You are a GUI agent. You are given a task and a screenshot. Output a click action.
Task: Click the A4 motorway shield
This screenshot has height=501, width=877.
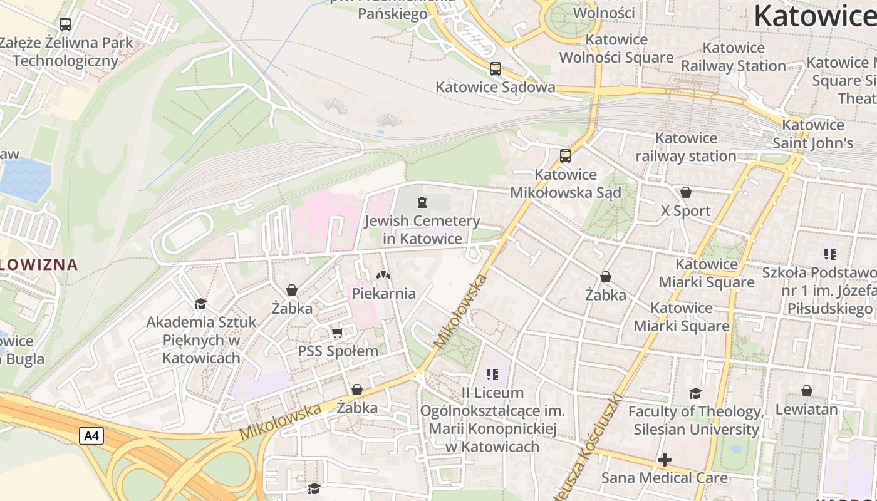click(x=91, y=436)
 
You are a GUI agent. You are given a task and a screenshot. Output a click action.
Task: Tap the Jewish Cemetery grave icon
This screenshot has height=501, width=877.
click(x=422, y=202)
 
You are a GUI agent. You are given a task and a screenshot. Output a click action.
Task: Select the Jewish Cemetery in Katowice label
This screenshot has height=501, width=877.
click(x=422, y=230)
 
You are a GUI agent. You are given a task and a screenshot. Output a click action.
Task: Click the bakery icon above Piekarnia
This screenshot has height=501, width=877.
click(x=383, y=275)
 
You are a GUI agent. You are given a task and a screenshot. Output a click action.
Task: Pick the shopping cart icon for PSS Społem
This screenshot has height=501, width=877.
click(x=338, y=333)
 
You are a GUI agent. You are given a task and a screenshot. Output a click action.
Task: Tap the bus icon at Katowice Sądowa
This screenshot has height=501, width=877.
click(x=496, y=69)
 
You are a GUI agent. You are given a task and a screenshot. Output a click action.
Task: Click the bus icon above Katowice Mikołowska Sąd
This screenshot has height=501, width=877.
click(x=566, y=156)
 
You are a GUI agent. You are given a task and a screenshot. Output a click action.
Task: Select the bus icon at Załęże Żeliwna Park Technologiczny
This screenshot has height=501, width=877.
click(x=65, y=24)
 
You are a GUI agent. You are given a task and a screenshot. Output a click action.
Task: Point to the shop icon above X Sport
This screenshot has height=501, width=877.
click(x=686, y=192)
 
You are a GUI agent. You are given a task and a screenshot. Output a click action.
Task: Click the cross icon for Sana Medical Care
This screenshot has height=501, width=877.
click(x=665, y=460)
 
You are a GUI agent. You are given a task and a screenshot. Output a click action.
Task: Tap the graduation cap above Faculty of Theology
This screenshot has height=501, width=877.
click(x=695, y=393)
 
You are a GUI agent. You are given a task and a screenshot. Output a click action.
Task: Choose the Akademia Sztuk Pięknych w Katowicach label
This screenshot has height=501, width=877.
click(x=201, y=340)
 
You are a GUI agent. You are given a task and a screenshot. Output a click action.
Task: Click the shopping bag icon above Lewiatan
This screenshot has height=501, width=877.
click(x=807, y=391)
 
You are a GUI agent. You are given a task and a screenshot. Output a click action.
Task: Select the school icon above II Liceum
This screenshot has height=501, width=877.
click(x=492, y=374)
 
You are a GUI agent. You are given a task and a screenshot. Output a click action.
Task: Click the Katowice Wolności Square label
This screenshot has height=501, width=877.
click(x=616, y=49)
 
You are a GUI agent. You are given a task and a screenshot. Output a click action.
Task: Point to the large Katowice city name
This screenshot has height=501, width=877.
click(x=814, y=16)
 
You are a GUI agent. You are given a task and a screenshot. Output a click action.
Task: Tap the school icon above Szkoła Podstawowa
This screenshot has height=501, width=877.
click(x=830, y=254)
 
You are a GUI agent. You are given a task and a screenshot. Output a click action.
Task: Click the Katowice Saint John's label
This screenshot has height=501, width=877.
click(x=813, y=134)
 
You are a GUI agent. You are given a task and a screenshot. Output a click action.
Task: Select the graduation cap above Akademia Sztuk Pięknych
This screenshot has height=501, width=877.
click(x=200, y=304)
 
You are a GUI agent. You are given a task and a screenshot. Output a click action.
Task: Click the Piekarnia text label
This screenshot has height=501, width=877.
click(x=383, y=293)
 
